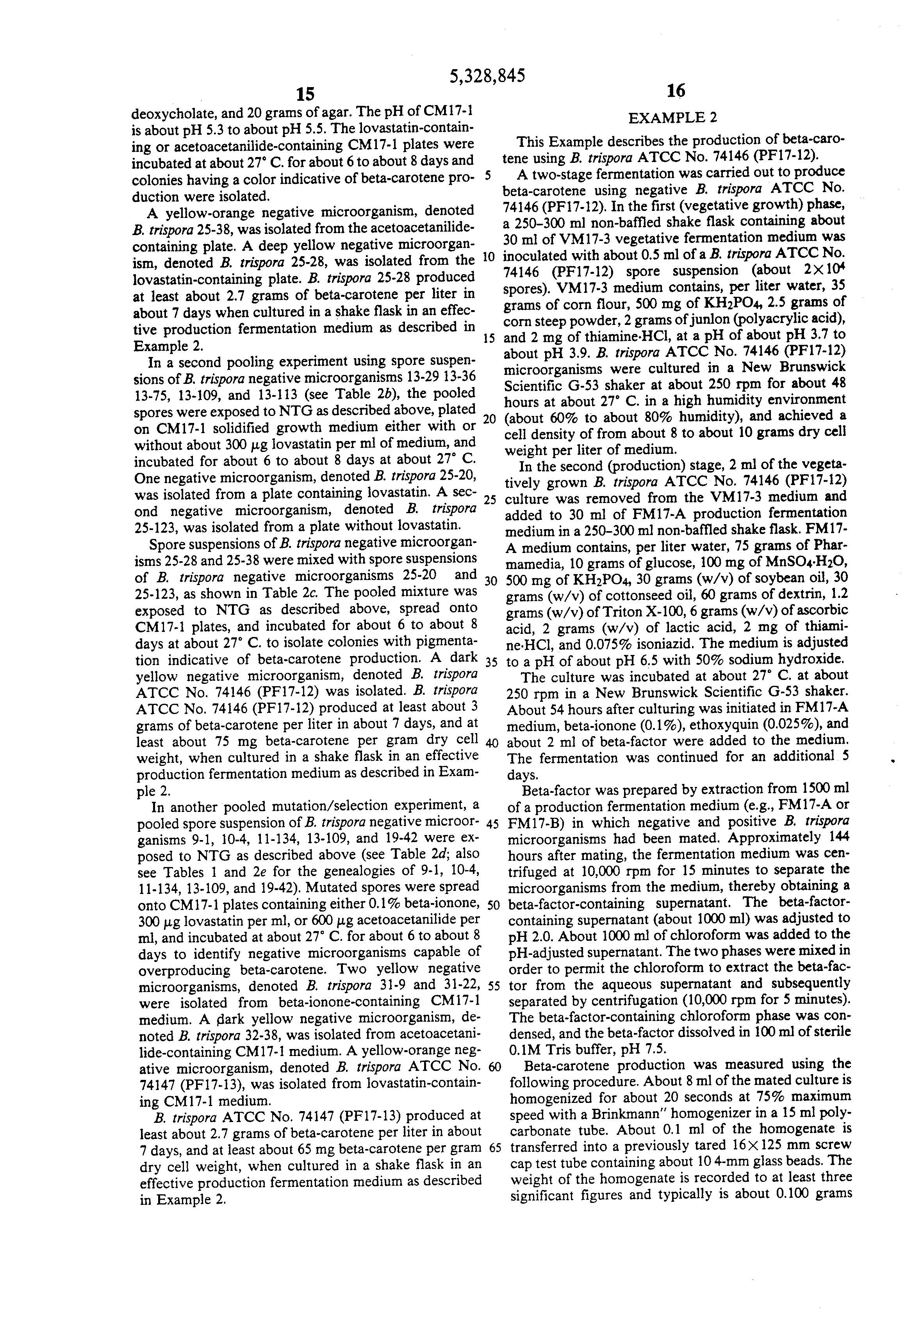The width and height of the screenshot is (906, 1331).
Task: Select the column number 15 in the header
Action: [305, 93]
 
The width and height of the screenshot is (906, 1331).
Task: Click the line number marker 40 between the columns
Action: [491, 743]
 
